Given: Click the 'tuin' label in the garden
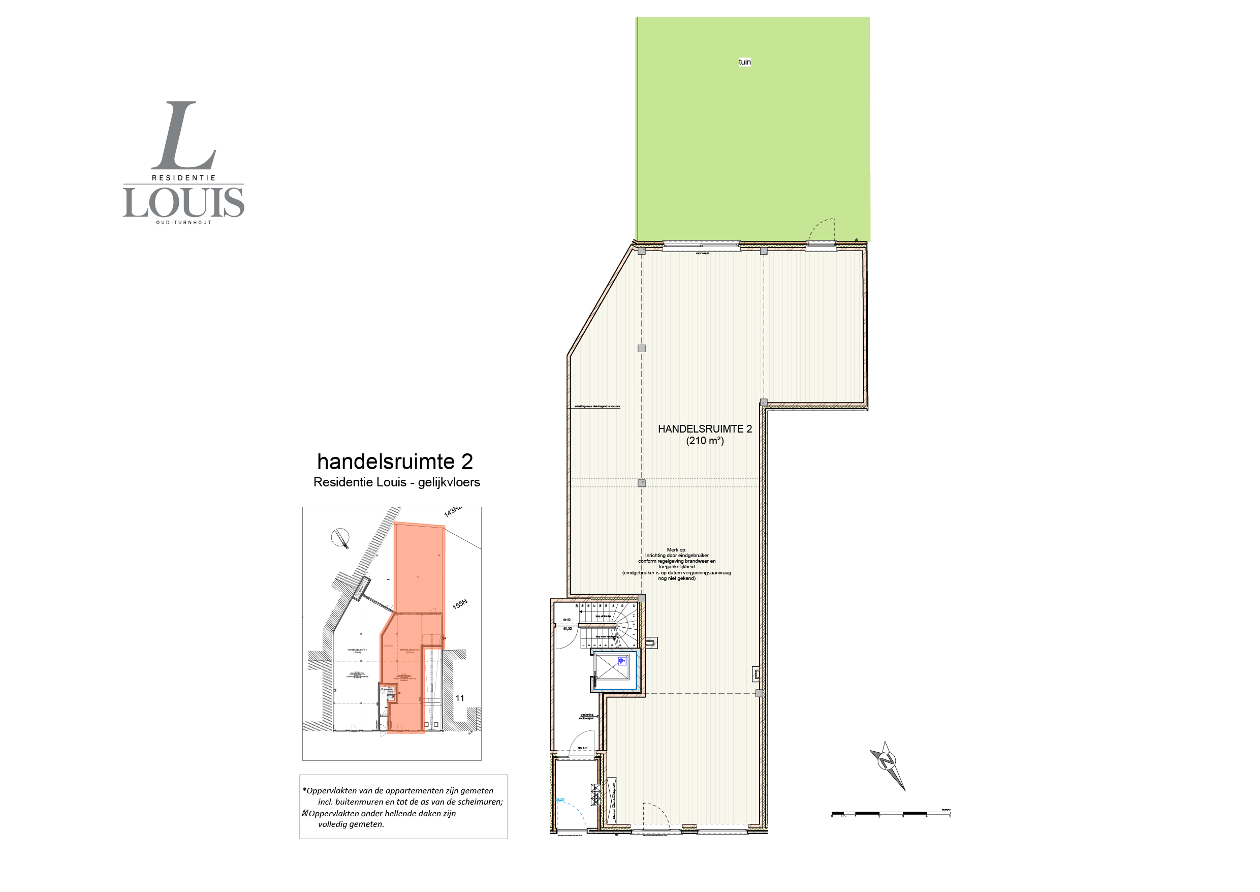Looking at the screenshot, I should tap(744, 62).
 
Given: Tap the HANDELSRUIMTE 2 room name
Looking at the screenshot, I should tap(705, 429).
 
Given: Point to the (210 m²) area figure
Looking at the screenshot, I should tap(705, 441).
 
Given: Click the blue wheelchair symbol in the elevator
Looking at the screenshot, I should tap(621, 661).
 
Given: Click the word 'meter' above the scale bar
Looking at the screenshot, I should tap(946, 810).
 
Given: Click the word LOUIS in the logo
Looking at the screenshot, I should tap(183, 203).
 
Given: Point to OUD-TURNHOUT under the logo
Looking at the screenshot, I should tap(183, 223).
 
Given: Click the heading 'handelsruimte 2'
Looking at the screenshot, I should tap(395, 462).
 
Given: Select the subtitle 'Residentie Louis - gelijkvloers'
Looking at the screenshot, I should tap(396, 482).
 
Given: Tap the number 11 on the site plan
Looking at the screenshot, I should tap(459, 698).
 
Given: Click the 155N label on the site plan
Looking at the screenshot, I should tap(459, 604).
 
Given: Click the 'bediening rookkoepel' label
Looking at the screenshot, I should tap(586, 717).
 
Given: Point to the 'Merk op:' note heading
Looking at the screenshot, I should tap(676, 550).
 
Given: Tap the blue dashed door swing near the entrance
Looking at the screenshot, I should tap(568, 810).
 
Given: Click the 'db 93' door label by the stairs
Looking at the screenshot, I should tap(566, 620).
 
